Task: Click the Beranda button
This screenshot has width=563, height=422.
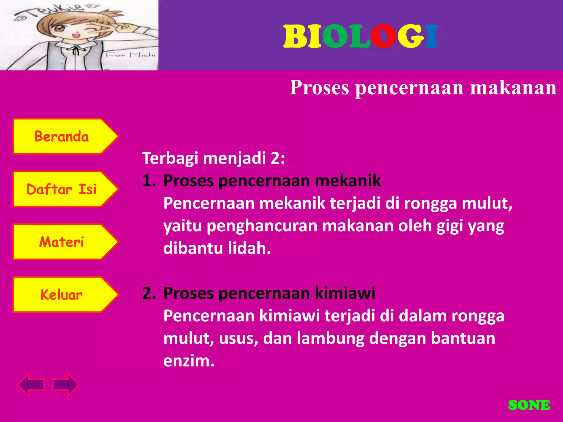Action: pos(62,137)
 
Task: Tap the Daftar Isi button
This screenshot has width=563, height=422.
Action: pos(62,189)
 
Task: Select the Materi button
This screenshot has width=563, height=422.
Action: pos(62,242)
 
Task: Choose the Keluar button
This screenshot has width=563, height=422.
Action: pos(62,295)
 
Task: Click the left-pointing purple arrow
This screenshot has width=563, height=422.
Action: pos(31,384)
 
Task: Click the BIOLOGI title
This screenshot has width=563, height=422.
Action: pos(360,36)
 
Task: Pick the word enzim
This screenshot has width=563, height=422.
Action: pos(189,361)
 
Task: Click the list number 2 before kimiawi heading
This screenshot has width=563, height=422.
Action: pos(148,293)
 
